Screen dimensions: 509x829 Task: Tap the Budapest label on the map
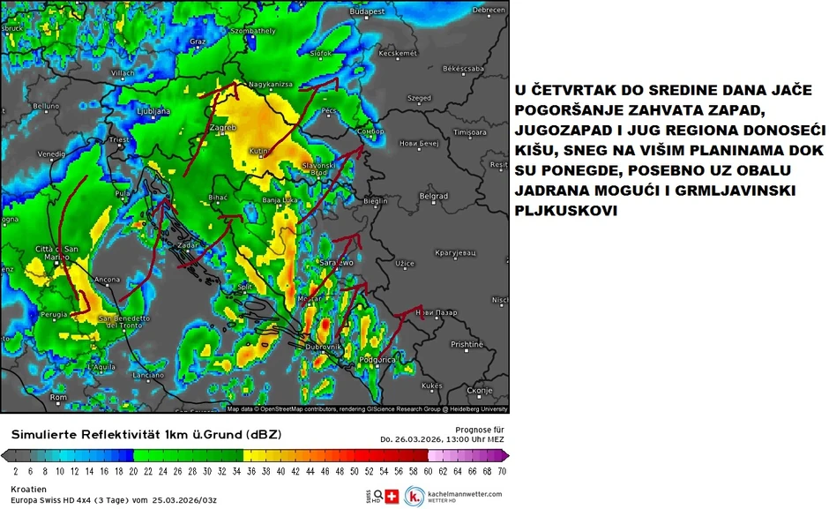tap(368, 11)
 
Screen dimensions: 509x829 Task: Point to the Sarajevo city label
tap(337, 262)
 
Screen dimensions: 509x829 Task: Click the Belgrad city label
tap(434, 196)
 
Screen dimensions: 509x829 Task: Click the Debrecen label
tap(489, 11)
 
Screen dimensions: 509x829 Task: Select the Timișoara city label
tap(470, 132)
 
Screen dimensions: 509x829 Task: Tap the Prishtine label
tap(467, 344)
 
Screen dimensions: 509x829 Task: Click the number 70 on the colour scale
tap(501, 472)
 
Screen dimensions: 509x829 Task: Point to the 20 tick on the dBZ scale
tap(133, 472)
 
